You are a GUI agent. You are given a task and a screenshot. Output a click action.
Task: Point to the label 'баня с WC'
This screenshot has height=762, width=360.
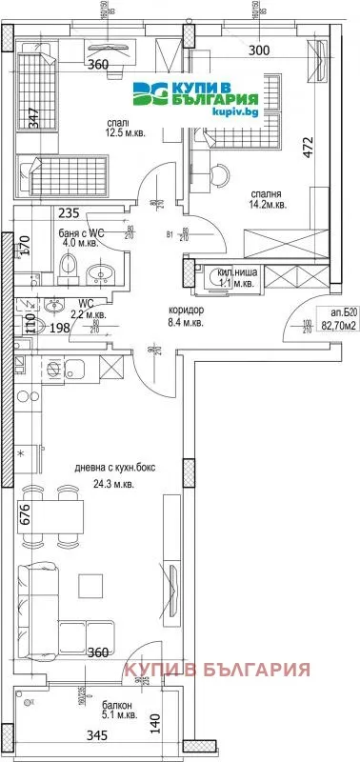[81, 233]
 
